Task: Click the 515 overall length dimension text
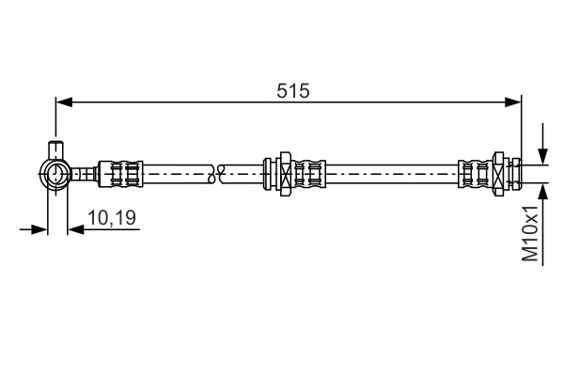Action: [293, 90]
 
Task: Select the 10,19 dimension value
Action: [112, 218]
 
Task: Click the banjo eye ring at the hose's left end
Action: [55, 173]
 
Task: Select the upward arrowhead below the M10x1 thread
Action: [542, 189]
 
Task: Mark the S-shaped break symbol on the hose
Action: [218, 173]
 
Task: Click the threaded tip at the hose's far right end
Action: [516, 173]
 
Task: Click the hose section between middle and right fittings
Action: [395, 173]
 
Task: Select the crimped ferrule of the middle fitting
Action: [311, 173]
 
